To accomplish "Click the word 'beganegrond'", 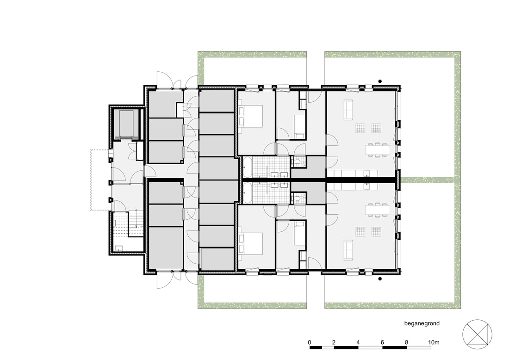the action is tap(422, 323).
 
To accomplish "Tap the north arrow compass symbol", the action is tap(477, 335).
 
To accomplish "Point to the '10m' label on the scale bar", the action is tap(434, 342).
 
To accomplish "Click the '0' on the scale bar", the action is tap(310, 342).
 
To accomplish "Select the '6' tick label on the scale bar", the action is tap(382, 342).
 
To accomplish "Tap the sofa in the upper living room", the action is tap(348, 110).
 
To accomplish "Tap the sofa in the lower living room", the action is tap(348, 249).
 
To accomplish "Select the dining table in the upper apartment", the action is tap(378, 149).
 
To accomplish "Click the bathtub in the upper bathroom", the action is tap(248, 167).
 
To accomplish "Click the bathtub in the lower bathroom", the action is tap(248, 193).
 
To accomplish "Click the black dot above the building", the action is tap(380, 81).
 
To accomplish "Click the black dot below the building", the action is tap(380, 279).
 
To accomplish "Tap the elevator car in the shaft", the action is tap(126, 124).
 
